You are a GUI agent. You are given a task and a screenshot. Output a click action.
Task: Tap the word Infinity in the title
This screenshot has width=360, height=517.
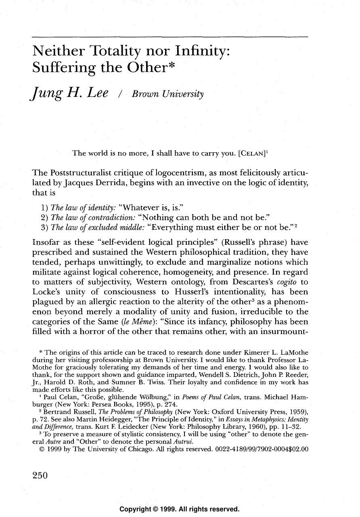[x=201, y=51]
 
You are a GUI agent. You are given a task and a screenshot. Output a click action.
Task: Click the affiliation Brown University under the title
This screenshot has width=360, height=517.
[x=169, y=95]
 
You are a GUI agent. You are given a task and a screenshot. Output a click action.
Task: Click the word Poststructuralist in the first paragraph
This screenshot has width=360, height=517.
[x=83, y=173]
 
